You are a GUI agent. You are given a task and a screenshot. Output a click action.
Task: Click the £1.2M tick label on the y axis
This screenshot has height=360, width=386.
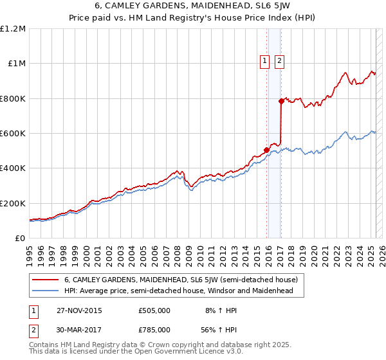[x=13, y=29]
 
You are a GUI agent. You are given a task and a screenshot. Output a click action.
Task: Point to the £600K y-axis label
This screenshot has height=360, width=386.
[x=13, y=134]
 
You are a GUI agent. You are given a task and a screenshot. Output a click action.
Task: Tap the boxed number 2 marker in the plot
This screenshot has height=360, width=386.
[x=280, y=62]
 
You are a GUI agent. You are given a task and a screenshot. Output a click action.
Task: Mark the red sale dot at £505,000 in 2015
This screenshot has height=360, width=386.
[x=267, y=150]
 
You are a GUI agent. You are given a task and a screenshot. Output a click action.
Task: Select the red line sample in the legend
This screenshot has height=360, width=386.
[x=45, y=280]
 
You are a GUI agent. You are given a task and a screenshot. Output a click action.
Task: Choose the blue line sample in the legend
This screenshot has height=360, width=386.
[x=45, y=291]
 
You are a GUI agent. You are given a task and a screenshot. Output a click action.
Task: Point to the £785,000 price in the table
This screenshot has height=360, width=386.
[x=154, y=330]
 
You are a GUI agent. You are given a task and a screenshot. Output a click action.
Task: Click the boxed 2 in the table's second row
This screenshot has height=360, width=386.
[x=33, y=330]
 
